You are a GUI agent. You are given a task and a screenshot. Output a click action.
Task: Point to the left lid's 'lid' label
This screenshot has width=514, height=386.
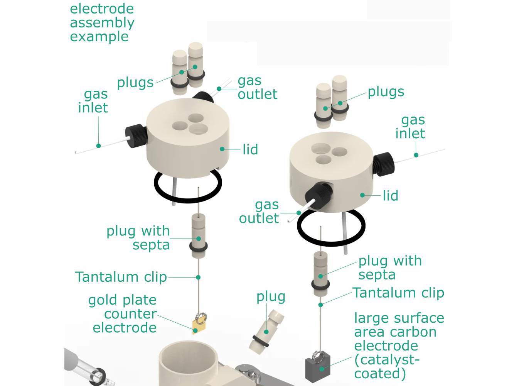pos(250,149)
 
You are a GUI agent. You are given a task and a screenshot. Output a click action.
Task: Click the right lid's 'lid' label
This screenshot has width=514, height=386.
pos(390,195)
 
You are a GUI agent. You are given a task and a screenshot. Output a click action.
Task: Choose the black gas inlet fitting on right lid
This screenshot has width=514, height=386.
pos(384,164)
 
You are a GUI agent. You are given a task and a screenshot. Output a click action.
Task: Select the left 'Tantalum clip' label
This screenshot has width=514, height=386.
pos(121,277)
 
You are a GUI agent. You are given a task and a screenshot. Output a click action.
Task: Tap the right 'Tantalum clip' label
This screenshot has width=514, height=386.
pos(398,293)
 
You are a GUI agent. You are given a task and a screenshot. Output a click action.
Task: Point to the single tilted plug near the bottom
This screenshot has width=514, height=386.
pos(266,331)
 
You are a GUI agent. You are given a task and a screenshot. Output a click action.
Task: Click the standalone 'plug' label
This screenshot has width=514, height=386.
pos(271,296)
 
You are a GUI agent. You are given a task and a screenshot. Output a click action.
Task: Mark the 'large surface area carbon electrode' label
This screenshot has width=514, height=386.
pos(399,345)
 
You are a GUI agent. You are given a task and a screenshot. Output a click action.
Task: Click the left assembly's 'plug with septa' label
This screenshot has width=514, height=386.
pos(138,237)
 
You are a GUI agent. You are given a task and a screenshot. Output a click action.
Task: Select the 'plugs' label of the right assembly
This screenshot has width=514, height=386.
pos(386,91)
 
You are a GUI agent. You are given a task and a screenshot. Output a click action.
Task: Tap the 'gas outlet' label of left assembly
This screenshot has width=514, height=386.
pos(257,87)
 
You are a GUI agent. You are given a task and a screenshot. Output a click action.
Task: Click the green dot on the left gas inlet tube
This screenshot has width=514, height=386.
pos(99,146)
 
